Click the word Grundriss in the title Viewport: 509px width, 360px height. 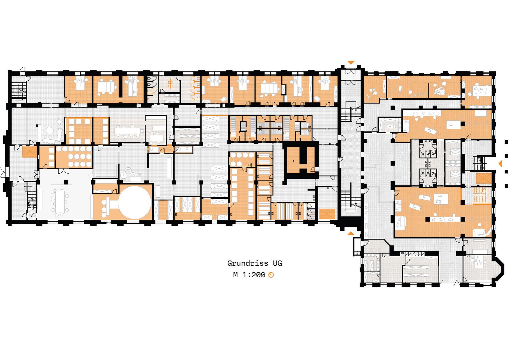point(248,263)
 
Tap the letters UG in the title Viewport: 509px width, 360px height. point(278,263)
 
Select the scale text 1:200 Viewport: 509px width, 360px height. point(253,275)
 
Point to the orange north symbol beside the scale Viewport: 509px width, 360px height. point(271,275)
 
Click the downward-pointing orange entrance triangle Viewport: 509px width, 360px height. point(351,62)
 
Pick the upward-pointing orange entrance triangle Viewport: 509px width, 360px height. point(351,233)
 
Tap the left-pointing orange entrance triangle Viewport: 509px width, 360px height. point(500,164)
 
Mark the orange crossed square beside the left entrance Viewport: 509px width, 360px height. point(30,152)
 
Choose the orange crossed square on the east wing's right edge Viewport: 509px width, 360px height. point(484,179)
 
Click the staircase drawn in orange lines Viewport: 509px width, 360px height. point(482,195)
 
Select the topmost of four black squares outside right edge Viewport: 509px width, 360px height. point(506,142)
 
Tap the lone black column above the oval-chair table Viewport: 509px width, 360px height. point(66,182)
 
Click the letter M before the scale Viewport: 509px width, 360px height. point(235,275)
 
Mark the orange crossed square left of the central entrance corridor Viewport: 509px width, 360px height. point(327,214)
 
